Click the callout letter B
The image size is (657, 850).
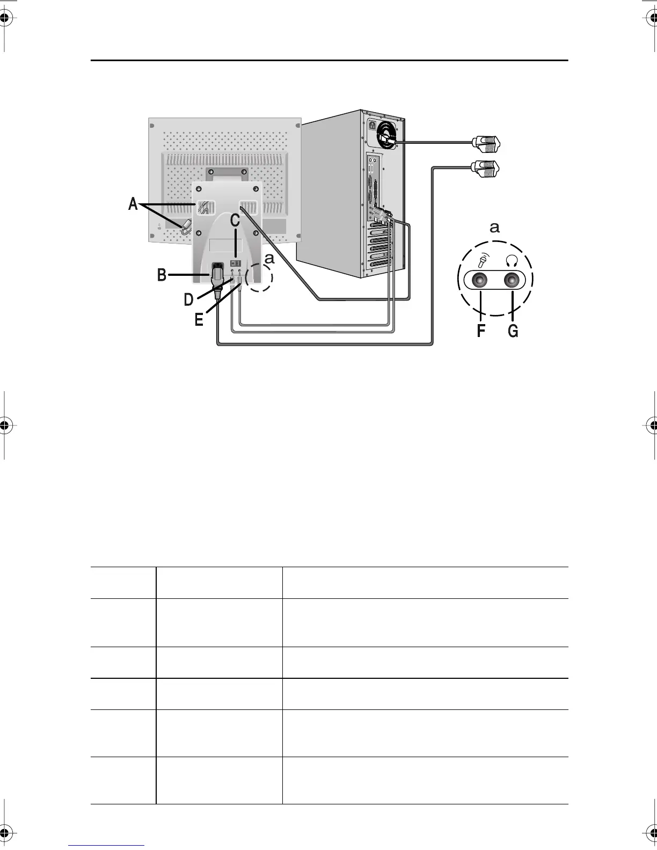click(162, 275)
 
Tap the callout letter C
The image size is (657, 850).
click(235, 221)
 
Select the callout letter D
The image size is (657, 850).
click(189, 299)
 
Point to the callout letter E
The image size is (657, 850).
click(199, 320)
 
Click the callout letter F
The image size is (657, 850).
click(481, 331)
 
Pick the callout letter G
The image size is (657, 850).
click(513, 331)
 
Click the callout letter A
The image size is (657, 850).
click(133, 204)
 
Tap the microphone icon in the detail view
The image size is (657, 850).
click(482, 260)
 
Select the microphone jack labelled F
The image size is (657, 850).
click(480, 280)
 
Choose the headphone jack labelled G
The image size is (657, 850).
click(513, 280)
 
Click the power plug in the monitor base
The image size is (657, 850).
click(218, 274)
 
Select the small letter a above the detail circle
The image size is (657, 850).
click(494, 228)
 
